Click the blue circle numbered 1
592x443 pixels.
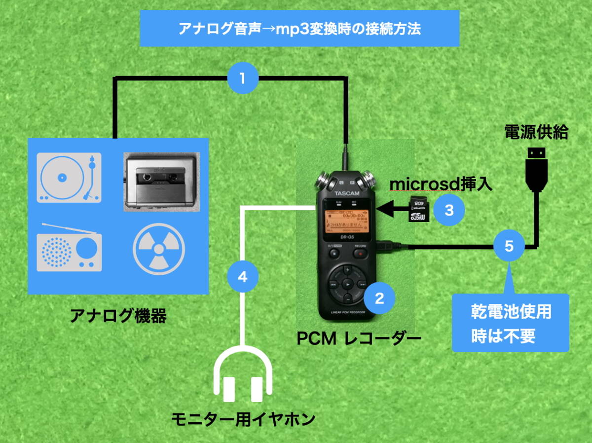click(x=242, y=77)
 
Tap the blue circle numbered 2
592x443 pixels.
click(x=379, y=298)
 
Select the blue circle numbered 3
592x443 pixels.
click(x=449, y=210)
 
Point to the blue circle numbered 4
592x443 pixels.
click(x=242, y=277)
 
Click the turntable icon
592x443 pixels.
click(x=69, y=178)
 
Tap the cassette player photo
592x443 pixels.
click(x=160, y=182)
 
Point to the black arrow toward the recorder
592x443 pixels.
click(x=392, y=209)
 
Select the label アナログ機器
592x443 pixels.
click(x=118, y=316)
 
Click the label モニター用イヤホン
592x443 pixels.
click(x=243, y=420)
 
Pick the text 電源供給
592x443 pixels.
click(x=536, y=132)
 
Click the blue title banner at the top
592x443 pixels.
click(x=299, y=28)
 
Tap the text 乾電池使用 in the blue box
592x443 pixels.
click(x=511, y=312)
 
